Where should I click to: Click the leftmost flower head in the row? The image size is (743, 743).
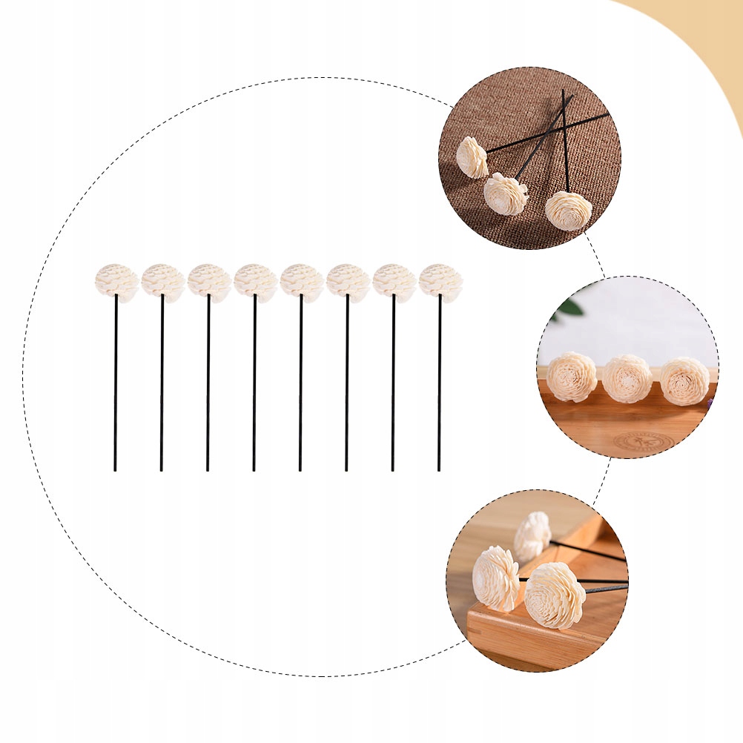pyautogui.click(x=116, y=282)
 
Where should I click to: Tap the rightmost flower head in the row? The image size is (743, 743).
pyautogui.click(x=440, y=282)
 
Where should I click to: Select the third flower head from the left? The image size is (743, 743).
pyautogui.click(x=209, y=282)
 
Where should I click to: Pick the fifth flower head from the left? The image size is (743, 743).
pyautogui.click(x=302, y=282)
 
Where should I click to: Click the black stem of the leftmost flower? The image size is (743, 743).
pyautogui.click(x=116, y=386)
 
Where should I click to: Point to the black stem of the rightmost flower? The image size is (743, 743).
pyautogui.click(x=439, y=386)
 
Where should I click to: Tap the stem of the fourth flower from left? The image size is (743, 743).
pyautogui.click(x=254, y=386)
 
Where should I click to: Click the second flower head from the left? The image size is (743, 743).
pyautogui.click(x=163, y=282)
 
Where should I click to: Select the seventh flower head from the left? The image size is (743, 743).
pyautogui.click(x=394, y=282)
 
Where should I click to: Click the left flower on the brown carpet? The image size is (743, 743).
pyautogui.click(x=472, y=157)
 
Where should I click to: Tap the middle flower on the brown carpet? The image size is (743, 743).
pyautogui.click(x=506, y=194)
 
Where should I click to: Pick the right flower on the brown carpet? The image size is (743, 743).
pyautogui.click(x=569, y=211)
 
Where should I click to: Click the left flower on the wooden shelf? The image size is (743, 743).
pyautogui.click(x=572, y=377)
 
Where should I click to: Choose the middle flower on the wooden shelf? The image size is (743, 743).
pyautogui.click(x=627, y=378)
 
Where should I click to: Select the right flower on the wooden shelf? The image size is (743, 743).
pyautogui.click(x=684, y=380)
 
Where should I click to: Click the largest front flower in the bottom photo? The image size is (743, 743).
pyautogui.click(x=555, y=595)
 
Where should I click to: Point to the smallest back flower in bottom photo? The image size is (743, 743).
pyautogui.click(x=533, y=535)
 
